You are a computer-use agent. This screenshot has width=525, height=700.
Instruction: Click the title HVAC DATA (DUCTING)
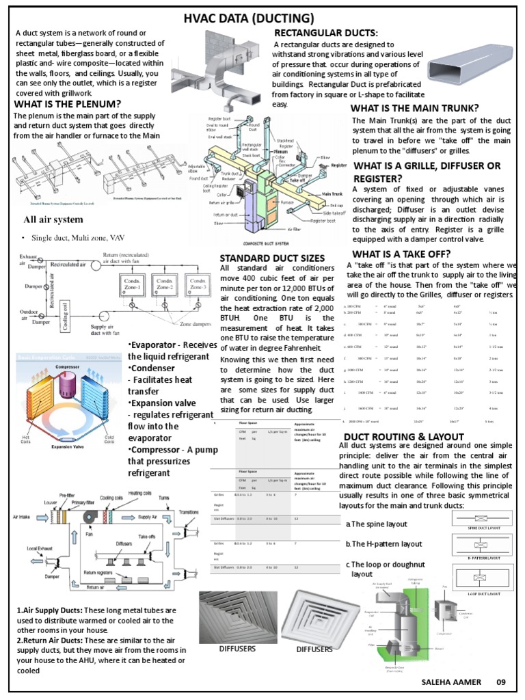(x=263, y=18)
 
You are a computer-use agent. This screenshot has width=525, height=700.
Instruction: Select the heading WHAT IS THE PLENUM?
(x=68, y=104)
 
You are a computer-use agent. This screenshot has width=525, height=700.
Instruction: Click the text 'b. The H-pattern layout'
(x=383, y=544)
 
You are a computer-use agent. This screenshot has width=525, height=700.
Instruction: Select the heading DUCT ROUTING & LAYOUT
(x=403, y=436)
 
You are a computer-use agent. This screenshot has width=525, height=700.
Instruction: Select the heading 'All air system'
(x=53, y=219)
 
